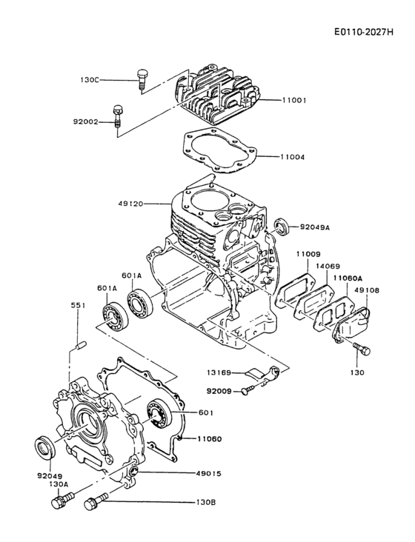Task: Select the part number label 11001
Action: [295, 99]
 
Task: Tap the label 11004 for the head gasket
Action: [295, 157]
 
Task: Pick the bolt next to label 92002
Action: [117, 116]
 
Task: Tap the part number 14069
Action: [328, 265]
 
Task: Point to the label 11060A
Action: [347, 278]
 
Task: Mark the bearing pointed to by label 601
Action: [158, 412]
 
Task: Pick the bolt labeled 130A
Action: [58, 503]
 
